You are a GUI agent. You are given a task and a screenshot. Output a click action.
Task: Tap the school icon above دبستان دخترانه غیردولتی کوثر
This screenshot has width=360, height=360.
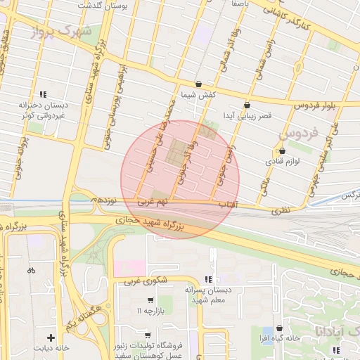tap(43, 94)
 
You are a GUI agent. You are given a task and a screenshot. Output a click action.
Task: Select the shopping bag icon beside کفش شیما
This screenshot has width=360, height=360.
tap(198, 83)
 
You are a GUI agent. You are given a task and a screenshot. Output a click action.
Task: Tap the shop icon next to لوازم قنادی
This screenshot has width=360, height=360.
tap(283, 150)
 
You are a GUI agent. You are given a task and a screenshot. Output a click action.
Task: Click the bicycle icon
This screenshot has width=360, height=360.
tap(31, 270)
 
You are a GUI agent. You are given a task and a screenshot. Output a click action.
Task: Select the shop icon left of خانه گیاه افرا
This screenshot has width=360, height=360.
tap(280, 328)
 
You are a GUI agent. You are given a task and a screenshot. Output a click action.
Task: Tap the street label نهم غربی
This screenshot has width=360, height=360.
tap(153, 202)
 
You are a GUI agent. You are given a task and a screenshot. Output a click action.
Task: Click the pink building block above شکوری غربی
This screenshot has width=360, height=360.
tap(128, 268)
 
